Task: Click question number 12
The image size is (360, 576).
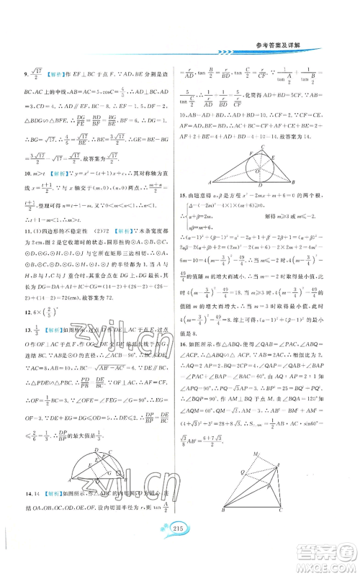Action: coord(27,333)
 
